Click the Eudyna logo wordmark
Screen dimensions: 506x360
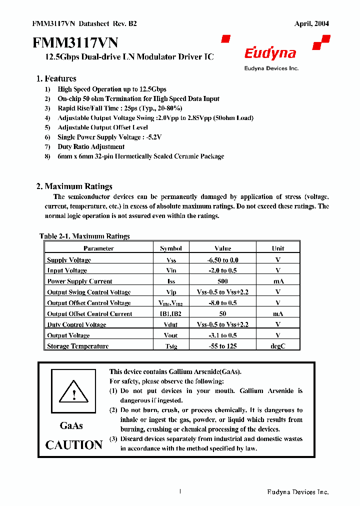(x=270, y=53)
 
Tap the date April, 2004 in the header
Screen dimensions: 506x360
(x=311, y=23)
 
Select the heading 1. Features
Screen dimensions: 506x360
(x=56, y=78)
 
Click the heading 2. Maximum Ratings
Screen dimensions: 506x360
(x=74, y=186)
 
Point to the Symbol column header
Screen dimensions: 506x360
(x=171, y=248)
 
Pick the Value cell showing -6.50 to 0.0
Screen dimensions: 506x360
(x=222, y=259)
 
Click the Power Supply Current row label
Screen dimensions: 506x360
(x=79, y=281)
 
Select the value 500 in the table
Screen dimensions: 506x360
(x=222, y=281)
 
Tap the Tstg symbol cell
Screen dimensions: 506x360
(x=171, y=346)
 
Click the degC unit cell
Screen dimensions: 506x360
(x=278, y=346)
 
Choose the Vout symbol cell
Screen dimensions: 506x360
(x=171, y=335)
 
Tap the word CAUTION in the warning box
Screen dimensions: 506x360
(x=74, y=444)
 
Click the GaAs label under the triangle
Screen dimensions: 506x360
(x=71, y=425)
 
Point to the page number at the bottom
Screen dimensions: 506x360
(x=179, y=491)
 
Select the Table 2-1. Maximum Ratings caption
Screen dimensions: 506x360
(x=84, y=236)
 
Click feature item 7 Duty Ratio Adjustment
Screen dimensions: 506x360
(x=91, y=146)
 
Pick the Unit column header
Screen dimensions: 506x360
(x=278, y=248)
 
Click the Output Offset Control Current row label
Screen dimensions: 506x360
(x=89, y=313)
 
